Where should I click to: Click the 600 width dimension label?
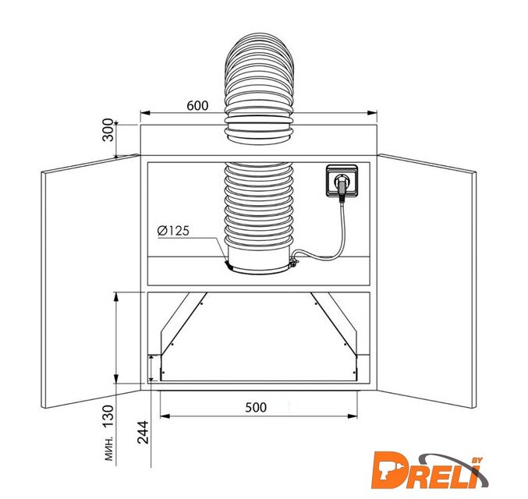click(x=197, y=106)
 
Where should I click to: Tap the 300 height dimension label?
click(x=108, y=130)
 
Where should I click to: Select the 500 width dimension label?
click(x=256, y=408)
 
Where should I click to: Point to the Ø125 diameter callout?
click(x=173, y=231)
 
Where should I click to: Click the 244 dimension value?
click(x=143, y=432)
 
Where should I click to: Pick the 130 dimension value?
click(x=108, y=416)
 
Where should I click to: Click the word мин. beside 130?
click(x=108, y=449)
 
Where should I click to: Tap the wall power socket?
click(x=342, y=181)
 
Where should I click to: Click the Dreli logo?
click(x=430, y=470)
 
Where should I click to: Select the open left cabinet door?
click(x=90, y=281)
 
